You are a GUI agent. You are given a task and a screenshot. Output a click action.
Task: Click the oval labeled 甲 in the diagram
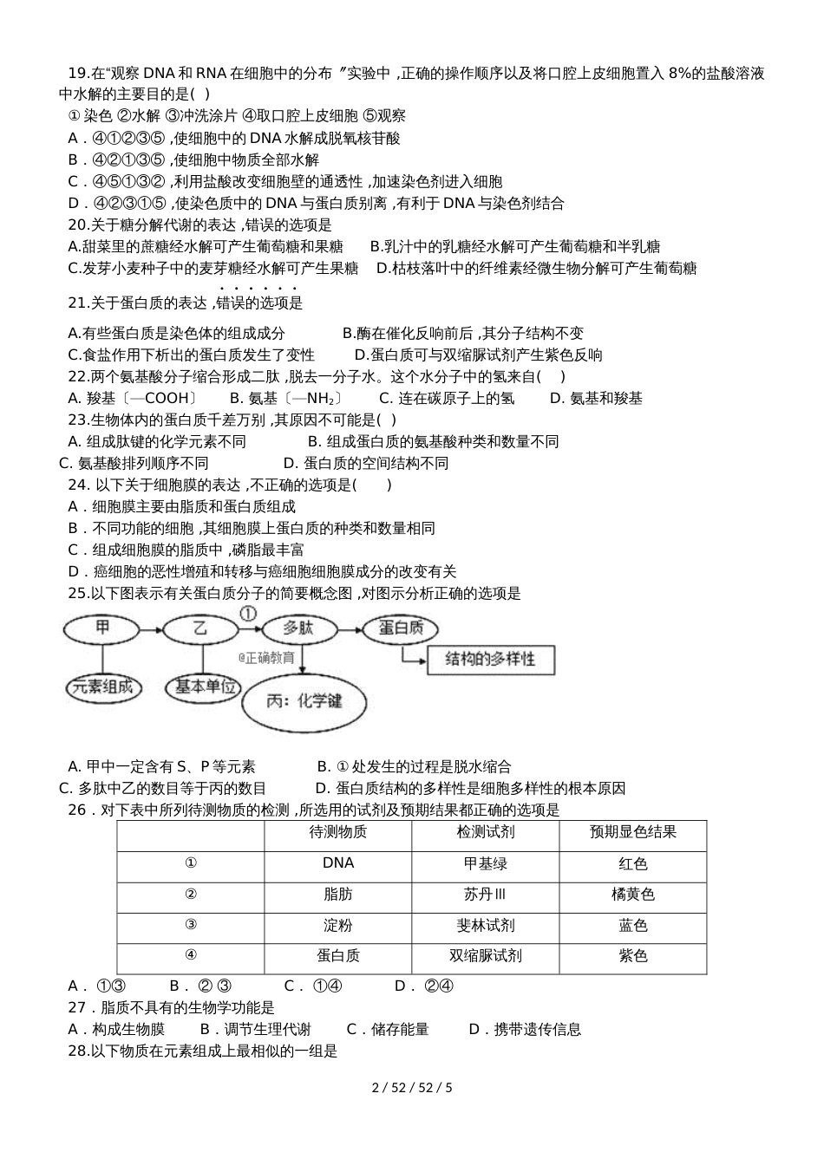pyautogui.click(x=102, y=628)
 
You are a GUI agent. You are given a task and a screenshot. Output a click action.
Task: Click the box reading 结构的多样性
pyautogui.click(x=490, y=660)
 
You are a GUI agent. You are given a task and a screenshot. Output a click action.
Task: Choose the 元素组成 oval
pyautogui.click(x=103, y=687)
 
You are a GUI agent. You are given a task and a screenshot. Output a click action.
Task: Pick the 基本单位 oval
pyautogui.click(x=206, y=687)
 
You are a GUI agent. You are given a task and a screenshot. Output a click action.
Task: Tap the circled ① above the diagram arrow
pyautogui.click(x=248, y=613)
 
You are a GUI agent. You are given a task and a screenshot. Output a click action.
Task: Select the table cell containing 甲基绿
pyautogui.click(x=485, y=863)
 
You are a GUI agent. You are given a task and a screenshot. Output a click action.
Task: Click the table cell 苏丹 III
pyautogui.click(x=485, y=895)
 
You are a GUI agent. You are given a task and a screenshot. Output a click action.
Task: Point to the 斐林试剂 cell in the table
pyautogui.click(x=485, y=926)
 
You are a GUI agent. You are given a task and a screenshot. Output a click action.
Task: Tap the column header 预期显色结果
pyautogui.click(x=632, y=832)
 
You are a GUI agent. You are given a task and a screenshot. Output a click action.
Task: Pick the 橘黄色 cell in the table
pyautogui.click(x=632, y=895)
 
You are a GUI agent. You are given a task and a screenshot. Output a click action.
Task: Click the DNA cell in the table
pyautogui.click(x=337, y=863)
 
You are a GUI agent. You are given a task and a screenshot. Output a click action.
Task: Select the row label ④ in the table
pyautogui.click(x=191, y=955)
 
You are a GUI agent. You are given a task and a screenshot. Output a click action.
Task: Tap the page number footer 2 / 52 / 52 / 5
pyautogui.click(x=412, y=1087)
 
